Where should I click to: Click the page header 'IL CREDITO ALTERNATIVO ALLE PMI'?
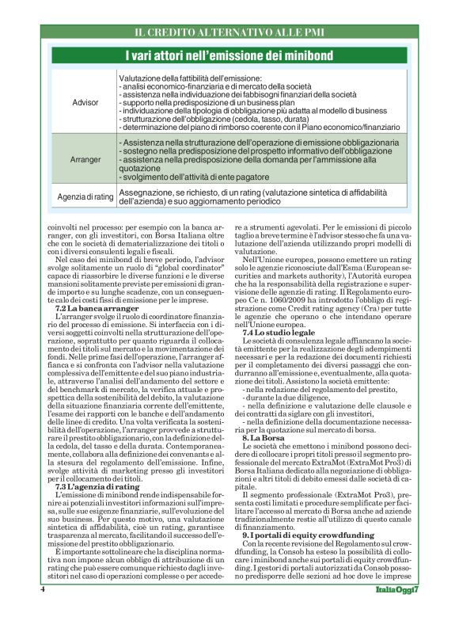pyautogui.click(x=229, y=32)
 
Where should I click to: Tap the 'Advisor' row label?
pyautogui.click(x=85, y=103)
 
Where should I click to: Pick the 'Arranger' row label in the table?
pyautogui.click(x=85, y=159)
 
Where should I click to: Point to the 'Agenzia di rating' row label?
pyautogui.click(x=85, y=196)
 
